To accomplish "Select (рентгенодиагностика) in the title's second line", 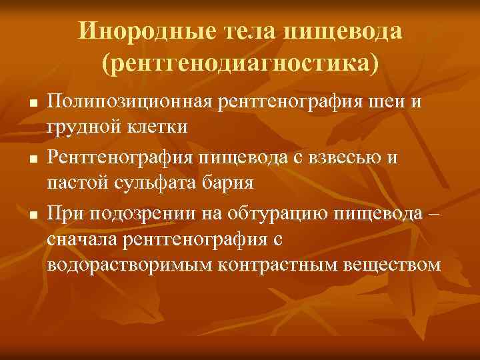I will (x=239, y=63).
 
